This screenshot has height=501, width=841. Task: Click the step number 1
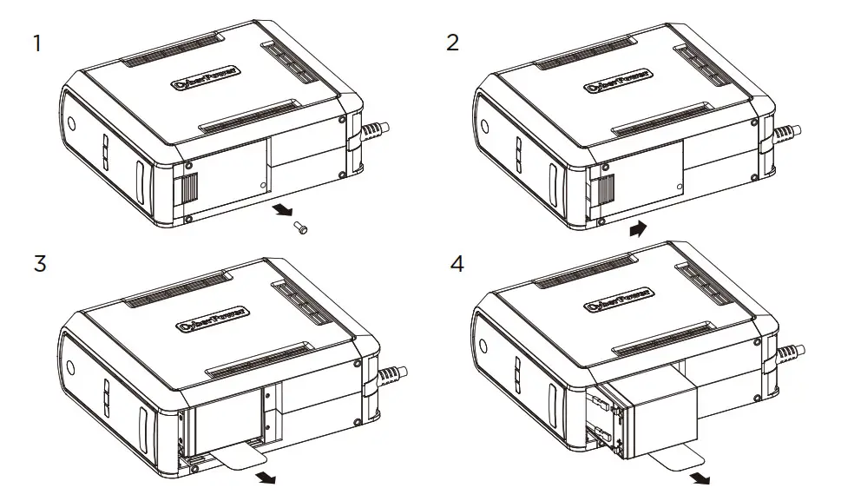click(x=36, y=43)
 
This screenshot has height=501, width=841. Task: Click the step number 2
click(x=452, y=43)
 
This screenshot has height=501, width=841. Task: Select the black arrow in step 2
click(x=639, y=229)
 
